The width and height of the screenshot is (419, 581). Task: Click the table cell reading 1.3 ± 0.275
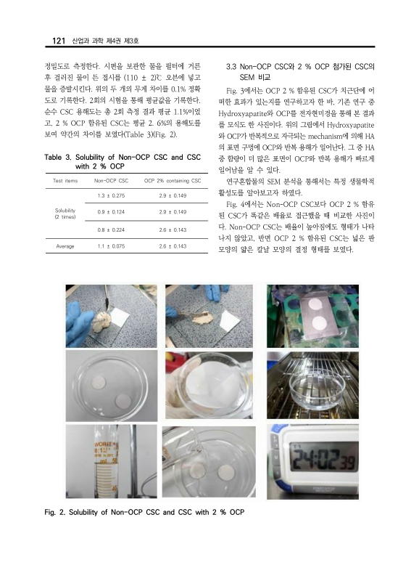point(111,195)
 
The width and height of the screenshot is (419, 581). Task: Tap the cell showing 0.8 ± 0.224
point(111,229)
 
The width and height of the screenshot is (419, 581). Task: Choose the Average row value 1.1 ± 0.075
point(111,246)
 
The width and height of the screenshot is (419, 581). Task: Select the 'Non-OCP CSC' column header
point(111,181)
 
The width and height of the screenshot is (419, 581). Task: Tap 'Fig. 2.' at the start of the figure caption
point(58,513)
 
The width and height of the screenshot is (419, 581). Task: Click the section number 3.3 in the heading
point(234,65)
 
